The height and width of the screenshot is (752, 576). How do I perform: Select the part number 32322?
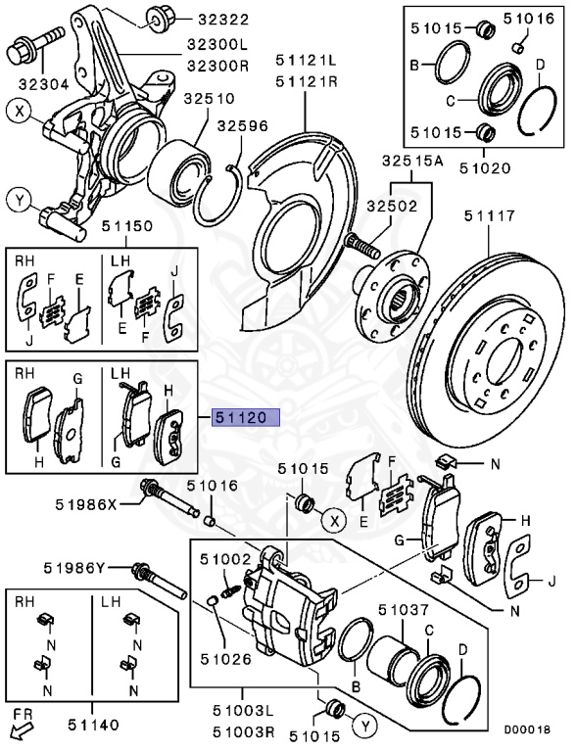coord(223,18)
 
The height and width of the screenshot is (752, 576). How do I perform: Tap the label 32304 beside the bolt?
coord(32,85)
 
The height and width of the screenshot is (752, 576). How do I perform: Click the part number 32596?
coord(243,126)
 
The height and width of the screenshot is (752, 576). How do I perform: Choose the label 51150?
coord(124,226)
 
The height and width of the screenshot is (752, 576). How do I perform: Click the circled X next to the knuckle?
coord(18,111)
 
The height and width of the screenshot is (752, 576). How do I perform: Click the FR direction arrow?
coord(16,729)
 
